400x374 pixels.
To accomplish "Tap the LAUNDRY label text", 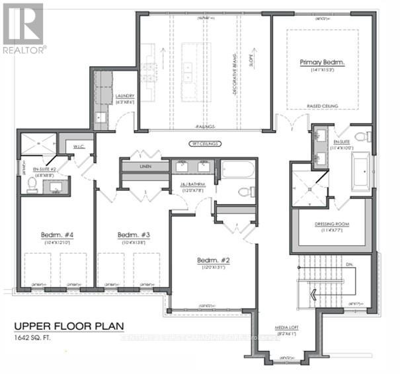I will point(124,96).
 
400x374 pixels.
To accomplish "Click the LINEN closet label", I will point(145,166).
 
